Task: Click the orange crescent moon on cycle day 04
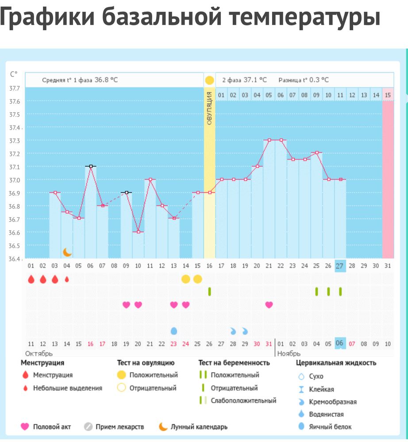click(x=67, y=252)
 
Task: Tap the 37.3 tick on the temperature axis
click(x=15, y=141)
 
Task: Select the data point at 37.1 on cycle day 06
click(x=91, y=166)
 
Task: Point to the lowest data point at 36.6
click(x=138, y=232)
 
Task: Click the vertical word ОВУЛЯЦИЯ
click(x=209, y=108)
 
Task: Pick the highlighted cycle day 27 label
click(x=340, y=266)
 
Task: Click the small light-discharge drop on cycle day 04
click(x=67, y=279)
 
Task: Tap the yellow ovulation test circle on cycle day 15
click(x=197, y=279)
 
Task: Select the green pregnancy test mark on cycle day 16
click(x=209, y=291)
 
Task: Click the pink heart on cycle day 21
click(x=269, y=305)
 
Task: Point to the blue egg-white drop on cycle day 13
click(x=174, y=331)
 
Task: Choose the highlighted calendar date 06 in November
click(x=340, y=343)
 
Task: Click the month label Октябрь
click(x=39, y=354)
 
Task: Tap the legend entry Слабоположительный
click(x=243, y=400)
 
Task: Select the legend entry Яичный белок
click(x=330, y=427)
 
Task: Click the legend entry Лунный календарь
click(x=199, y=427)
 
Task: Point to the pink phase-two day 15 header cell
click(x=388, y=95)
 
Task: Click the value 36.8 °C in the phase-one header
click(x=106, y=80)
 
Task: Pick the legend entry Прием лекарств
click(x=119, y=427)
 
